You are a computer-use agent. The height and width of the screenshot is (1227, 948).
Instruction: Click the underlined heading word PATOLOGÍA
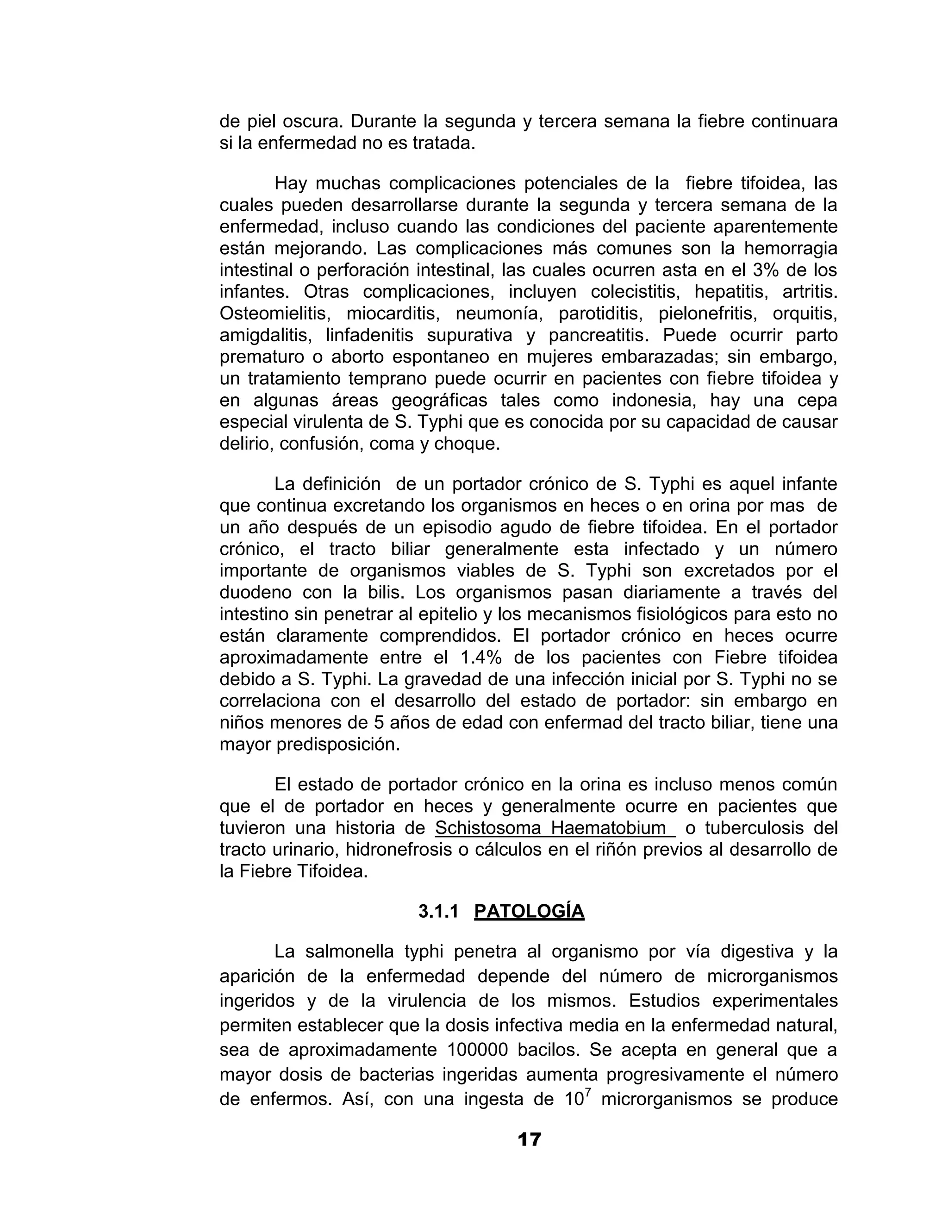point(529,911)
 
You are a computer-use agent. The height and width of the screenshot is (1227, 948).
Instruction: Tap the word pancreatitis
point(599,335)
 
